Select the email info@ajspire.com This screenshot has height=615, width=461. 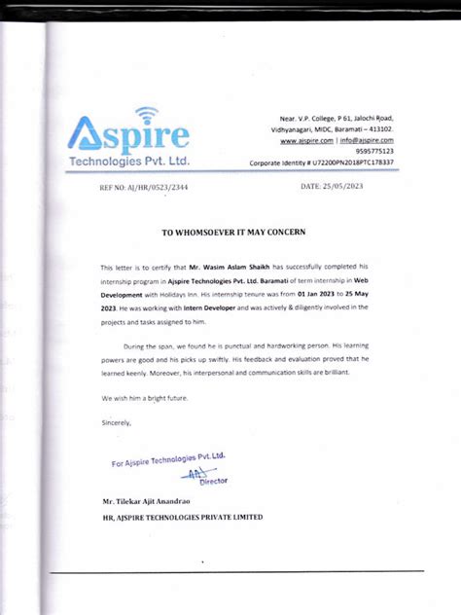point(366,140)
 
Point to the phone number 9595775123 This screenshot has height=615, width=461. point(374,151)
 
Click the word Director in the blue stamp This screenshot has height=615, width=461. point(212,481)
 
